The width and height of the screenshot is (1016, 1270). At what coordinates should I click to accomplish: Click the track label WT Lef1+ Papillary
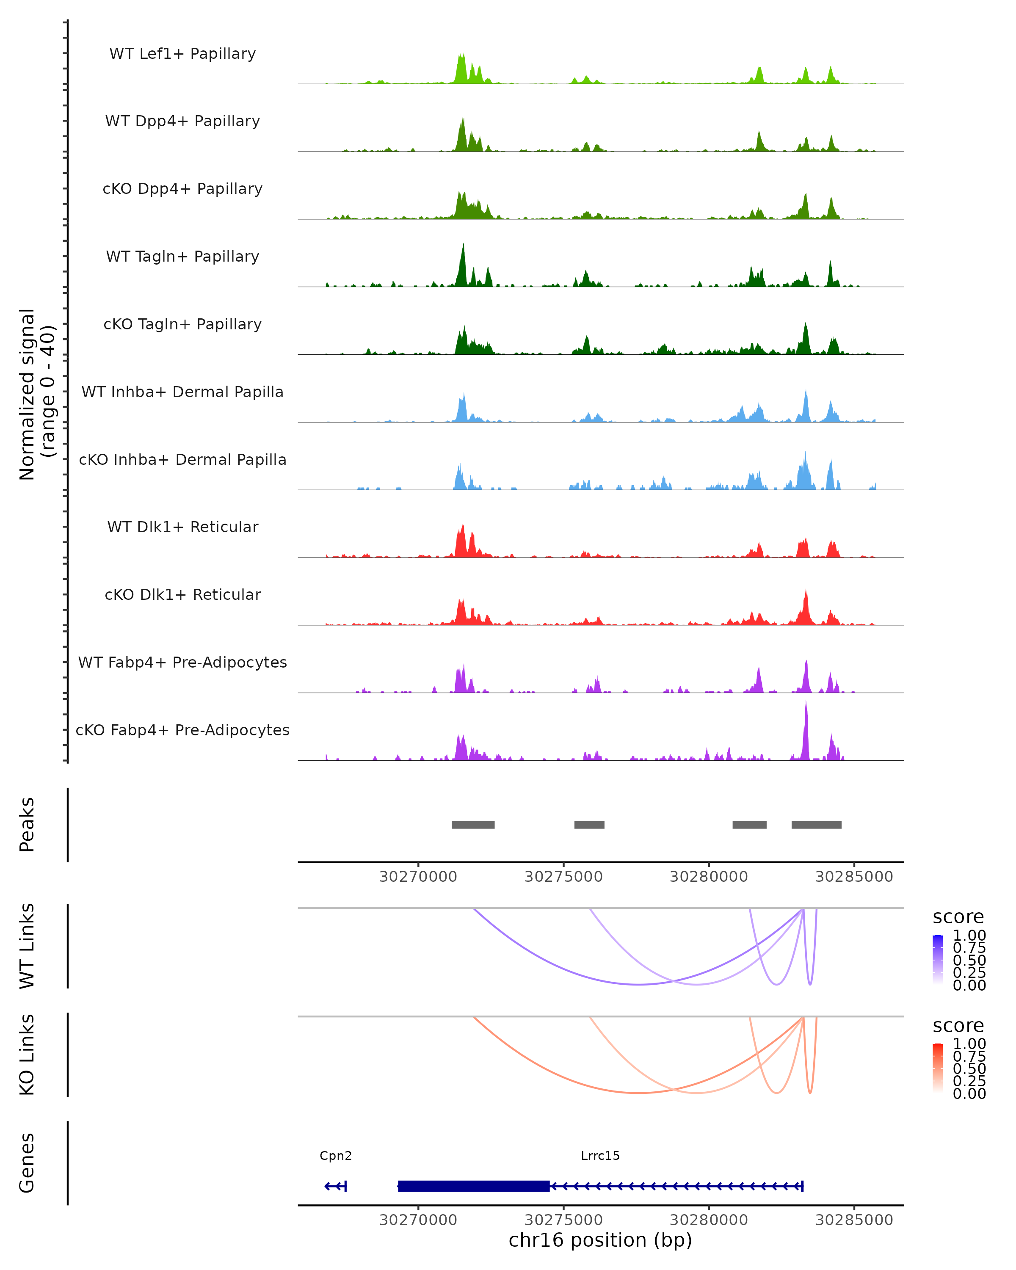pos(182,54)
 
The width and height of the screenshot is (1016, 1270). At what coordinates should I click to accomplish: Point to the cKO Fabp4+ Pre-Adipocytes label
pos(182,730)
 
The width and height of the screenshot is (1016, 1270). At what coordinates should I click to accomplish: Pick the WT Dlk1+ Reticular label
pos(182,527)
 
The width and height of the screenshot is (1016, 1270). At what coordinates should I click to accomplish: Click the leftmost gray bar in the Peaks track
pos(473,825)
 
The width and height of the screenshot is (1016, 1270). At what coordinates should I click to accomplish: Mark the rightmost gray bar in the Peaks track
pos(816,825)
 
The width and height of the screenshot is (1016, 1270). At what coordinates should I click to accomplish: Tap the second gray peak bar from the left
pos(589,825)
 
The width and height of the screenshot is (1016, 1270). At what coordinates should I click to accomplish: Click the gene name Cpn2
pos(336,1156)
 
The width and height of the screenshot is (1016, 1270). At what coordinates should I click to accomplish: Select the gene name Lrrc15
pos(600,1156)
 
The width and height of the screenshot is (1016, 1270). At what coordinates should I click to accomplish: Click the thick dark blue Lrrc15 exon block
pos(474,1186)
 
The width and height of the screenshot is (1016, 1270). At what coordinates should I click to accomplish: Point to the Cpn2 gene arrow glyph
pos(335,1186)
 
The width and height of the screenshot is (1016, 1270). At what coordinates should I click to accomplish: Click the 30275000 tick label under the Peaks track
pos(563,877)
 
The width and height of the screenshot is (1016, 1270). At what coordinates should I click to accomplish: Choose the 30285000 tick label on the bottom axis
pos(854,1220)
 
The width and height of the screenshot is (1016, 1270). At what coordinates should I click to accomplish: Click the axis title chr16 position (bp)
pos(600,1240)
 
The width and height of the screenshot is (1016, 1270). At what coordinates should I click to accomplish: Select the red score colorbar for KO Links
pos(938,1068)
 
